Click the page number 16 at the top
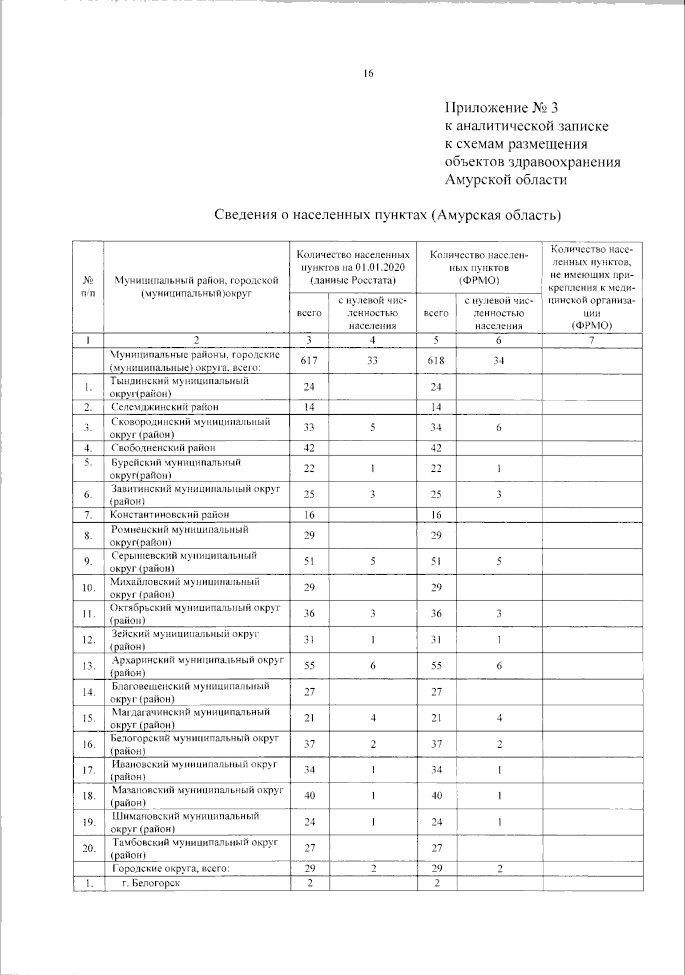pos(368,73)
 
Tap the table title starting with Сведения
pos(388,215)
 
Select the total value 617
pos(309,360)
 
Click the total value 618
pos(436,360)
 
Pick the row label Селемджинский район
pos(165,407)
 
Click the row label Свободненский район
pos(163,448)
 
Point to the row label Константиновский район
pos(170,515)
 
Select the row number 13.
pos(88,666)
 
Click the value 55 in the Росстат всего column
pos(309,666)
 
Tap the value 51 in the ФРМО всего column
pos(436,561)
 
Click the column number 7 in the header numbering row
pos(592,340)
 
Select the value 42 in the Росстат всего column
pos(309,448)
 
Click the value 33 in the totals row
pos(372,360)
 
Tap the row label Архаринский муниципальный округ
pos(197,660)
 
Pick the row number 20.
pos(88,849)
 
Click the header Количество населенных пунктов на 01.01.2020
pos(352,267)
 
